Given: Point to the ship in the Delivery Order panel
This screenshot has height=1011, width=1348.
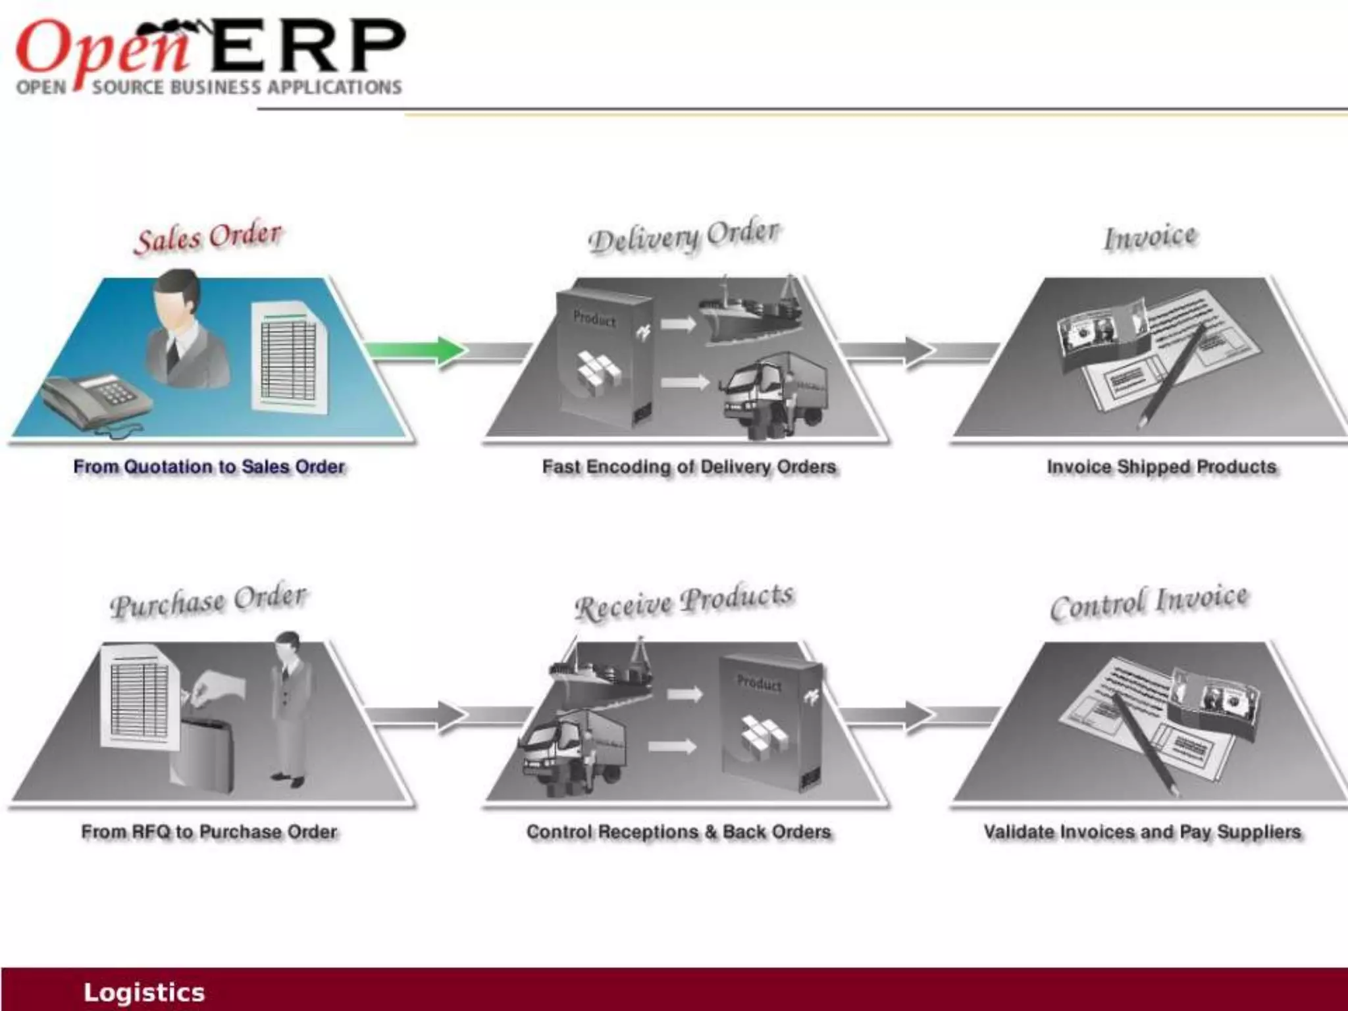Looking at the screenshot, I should coord(750,312).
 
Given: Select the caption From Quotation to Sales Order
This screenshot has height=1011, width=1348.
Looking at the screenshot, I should coord(209,467).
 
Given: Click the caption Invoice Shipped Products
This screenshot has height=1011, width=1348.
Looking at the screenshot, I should coord(1161,467).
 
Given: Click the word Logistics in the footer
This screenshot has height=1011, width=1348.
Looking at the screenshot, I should coord(143,992).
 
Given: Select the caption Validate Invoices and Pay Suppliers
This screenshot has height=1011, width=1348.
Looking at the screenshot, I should coord(1142,832).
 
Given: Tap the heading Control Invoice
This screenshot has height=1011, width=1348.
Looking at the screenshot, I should coord(1149,602).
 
